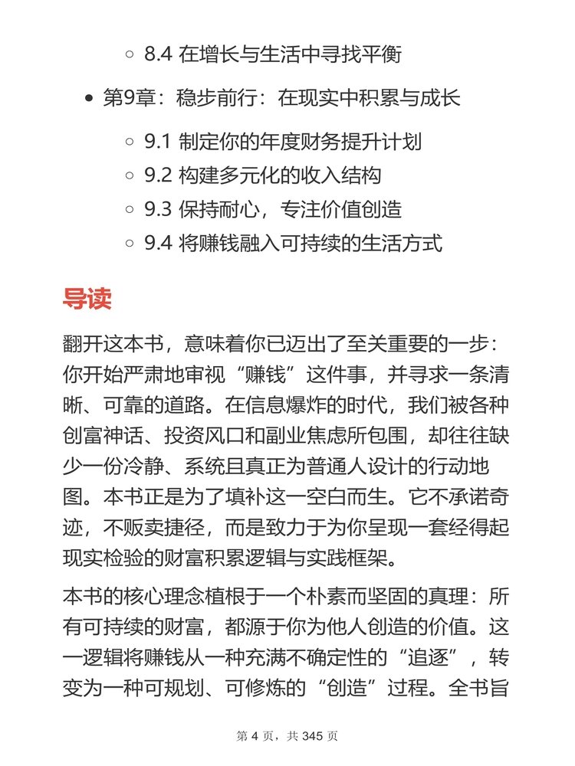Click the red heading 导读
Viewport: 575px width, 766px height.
[x=87, y=298]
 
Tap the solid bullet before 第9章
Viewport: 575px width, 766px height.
[x=90, y=100]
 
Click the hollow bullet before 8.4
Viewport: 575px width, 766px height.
[x=129, y=55]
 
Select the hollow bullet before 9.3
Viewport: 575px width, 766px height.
[x=129, y=210]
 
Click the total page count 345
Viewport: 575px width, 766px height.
[x=313, y=737]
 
